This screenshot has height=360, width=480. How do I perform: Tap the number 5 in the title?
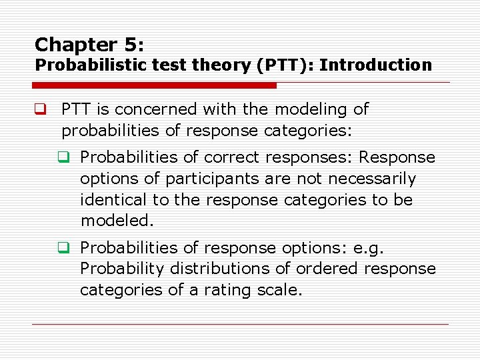point(129,45)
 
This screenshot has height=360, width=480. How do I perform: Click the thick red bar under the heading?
point(154,85)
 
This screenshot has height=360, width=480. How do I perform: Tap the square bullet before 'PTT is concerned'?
point(40,109)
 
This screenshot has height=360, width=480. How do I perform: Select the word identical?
point(109,200)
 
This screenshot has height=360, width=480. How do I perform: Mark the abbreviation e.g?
point(367,248)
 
